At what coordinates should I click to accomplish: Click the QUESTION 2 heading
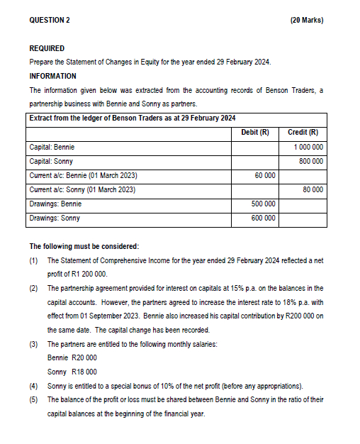click(50, 20)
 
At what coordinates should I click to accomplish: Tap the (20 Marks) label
click(307, 20)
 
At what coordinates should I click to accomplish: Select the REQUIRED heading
click(47, 48)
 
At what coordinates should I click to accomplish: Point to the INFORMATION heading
click(53, 76)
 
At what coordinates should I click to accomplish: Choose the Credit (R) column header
click(303, 133)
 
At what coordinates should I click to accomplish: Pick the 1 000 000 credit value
click(308, 147)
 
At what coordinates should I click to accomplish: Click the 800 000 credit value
click(311, 161)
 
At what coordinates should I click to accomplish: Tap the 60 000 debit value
click(264, 175)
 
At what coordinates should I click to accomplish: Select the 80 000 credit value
click(313, 189)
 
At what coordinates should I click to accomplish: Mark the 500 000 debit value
click(263, 204)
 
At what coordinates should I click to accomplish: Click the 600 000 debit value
click(263, 218)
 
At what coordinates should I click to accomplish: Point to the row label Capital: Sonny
click(52, 161)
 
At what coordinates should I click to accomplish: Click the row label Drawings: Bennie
click(55, 204)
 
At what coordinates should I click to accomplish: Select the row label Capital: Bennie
click(52, 147)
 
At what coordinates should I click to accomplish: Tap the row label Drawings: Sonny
click(55, 218)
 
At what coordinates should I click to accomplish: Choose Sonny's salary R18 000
click(84, 372)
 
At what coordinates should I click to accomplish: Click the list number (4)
click(33, 385)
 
